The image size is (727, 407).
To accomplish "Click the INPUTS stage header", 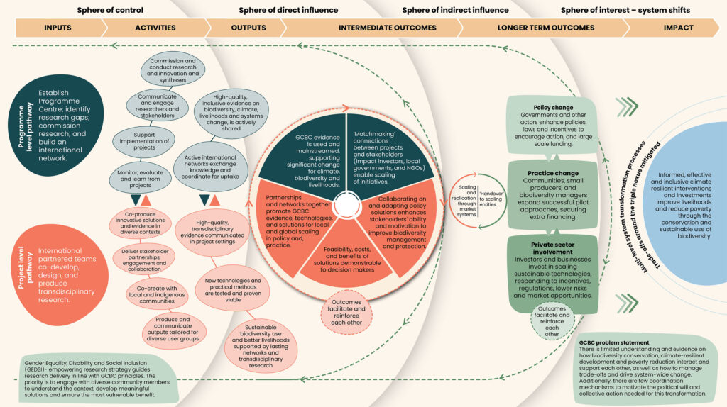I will (58, 28).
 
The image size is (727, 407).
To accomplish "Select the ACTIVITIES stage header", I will (155, 28).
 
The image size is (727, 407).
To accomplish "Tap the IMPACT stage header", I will (679, 28).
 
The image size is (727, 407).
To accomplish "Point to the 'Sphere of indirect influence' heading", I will (455, 10).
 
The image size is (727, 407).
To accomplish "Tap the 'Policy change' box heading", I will (553, 108).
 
